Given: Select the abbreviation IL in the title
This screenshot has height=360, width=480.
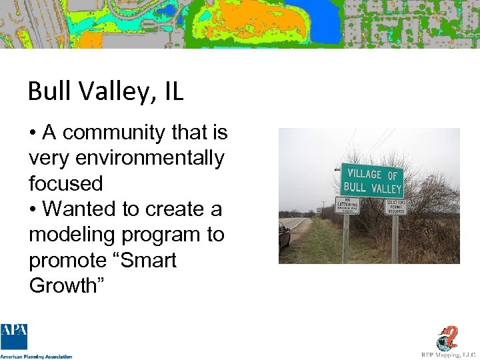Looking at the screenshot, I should tap(172, 91).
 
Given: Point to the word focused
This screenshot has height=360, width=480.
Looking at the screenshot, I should tap(65, 183).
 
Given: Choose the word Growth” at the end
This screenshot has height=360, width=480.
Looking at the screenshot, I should tap(63, 285).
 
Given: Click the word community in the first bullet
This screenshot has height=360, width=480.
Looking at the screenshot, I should tap(114, 133).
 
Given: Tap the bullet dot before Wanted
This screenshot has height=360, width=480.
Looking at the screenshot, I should tap(33, 209).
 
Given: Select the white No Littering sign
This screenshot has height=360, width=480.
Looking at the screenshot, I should tap(347, 205).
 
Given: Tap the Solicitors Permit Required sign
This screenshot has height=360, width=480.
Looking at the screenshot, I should tap(395, 206).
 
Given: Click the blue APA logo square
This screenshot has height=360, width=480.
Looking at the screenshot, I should tap(14, 337).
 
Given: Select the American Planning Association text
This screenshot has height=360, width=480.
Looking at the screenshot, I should tap(37, 357).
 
